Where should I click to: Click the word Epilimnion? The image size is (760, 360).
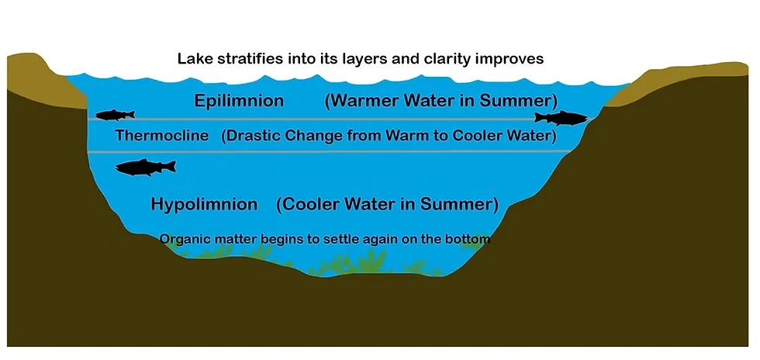[x=239, y=101]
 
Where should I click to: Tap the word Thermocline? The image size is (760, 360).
[x=162, y=135]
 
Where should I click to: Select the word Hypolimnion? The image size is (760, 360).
[x=204, y=204]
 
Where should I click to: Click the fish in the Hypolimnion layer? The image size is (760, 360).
[x=146, y=168]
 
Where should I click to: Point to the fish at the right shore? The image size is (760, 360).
[x=561, y=118]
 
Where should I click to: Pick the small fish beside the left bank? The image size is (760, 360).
[x=115, y=115]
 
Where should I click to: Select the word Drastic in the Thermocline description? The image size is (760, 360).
[x=253, y=135]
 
